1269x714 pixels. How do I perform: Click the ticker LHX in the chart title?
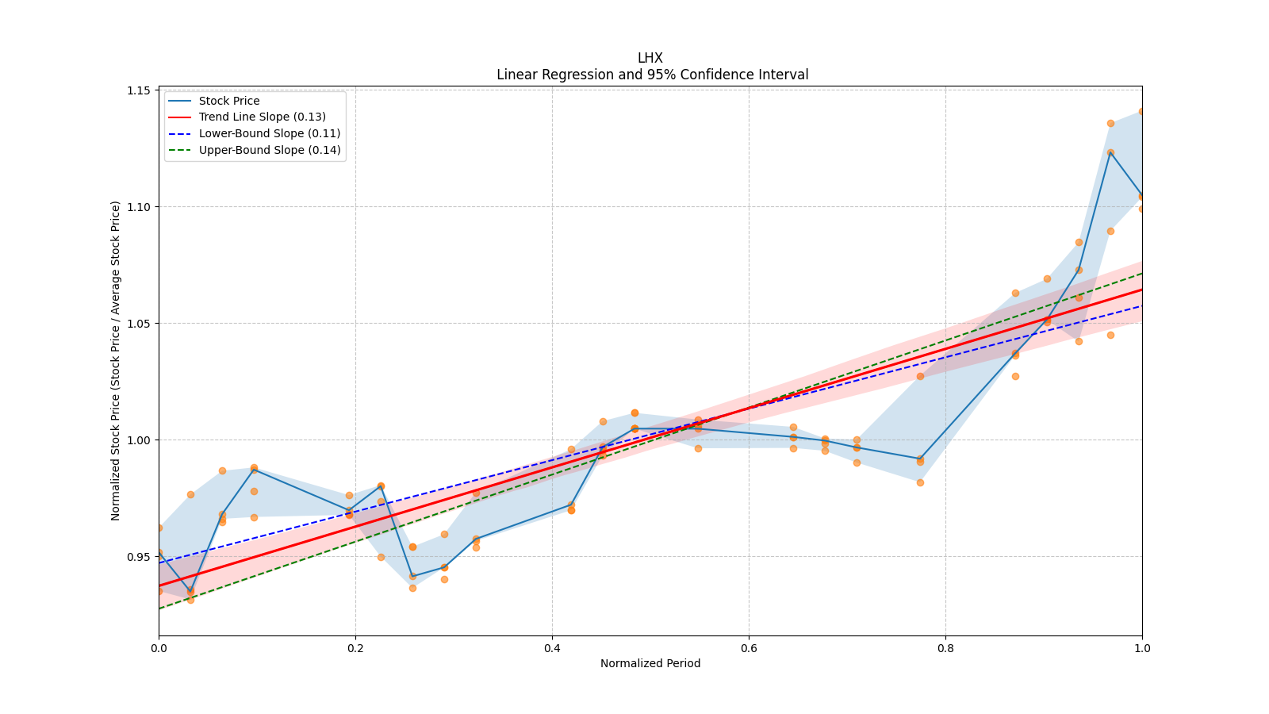[650, 58]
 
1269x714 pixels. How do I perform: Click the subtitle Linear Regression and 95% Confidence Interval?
[652, 75]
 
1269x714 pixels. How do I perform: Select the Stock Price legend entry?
[229, 101]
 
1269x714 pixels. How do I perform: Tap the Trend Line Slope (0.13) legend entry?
[262, 117]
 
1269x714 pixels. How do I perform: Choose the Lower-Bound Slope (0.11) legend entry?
[269, 133]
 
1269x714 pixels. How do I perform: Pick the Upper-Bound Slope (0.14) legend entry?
[270, 150]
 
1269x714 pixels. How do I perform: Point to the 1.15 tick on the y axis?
[139, 90]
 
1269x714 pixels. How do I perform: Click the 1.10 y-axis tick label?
[139, 207]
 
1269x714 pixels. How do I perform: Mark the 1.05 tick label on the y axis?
[139, 324]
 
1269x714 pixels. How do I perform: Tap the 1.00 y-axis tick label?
[139, 440]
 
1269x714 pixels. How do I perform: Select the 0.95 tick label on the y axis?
[139, 557]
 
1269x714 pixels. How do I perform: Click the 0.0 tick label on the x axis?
[159, 648]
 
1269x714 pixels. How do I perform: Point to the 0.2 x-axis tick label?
[355, 648]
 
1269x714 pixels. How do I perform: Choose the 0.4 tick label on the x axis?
[552, 648]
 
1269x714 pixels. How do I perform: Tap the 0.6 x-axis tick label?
[749, 648]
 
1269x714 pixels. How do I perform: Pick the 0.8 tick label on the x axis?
[945, 648]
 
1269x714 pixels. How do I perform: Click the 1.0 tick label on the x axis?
[1142, 648]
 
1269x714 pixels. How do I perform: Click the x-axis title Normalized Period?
[650, 663]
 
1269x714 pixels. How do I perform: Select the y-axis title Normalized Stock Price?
[116, 360]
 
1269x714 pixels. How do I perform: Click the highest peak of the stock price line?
[1110, 152]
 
